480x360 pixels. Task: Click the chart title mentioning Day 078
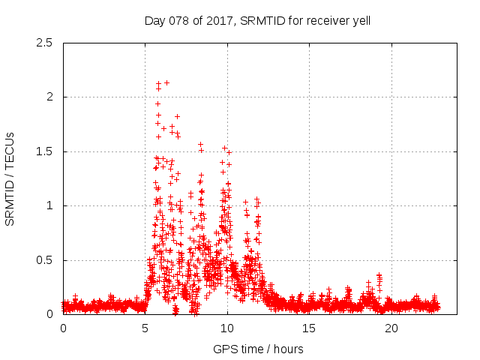257,21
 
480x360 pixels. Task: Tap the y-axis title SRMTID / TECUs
10,178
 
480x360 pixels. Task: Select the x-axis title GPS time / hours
258,349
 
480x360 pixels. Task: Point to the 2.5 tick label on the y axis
44,43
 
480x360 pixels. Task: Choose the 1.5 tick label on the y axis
44,151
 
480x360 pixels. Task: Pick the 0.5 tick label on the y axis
44,260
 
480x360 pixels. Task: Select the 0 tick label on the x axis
63,328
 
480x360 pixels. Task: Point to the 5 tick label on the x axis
145,328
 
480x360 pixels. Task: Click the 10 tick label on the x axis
227,328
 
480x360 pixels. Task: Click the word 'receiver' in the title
324,21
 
